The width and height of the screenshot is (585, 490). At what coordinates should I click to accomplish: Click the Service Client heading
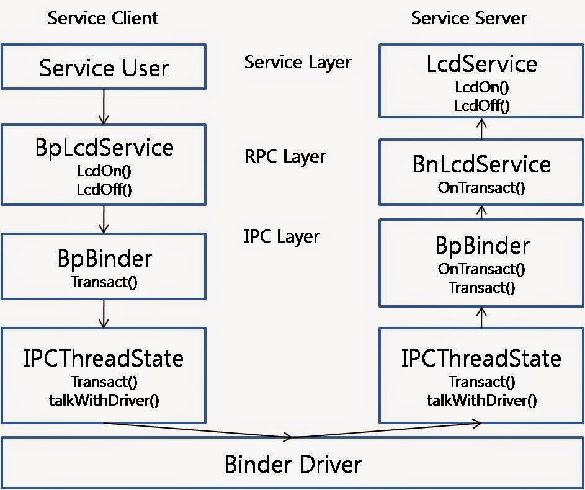click(x=103, y=18)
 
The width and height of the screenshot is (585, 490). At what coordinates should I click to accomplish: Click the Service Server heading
click(x=468, y=18)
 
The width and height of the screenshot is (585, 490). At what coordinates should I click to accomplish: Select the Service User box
click(x=104, y=67)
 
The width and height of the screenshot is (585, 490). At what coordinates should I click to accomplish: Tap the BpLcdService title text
click(x=104, y=148)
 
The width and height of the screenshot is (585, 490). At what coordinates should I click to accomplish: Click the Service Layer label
click(x=298, y=62)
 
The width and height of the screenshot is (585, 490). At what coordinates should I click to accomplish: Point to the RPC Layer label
click(x=285, y=156)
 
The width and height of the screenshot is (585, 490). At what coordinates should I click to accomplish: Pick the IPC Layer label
click(x=282, y=236)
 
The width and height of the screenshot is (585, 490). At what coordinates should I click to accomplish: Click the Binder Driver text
click(x=293, y=464)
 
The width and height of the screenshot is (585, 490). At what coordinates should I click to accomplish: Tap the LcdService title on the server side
click(x=481, y=63)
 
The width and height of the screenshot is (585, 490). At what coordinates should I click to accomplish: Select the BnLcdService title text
click(x=481, y=164)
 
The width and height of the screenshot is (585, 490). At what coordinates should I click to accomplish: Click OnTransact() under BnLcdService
click(x=481, y=187)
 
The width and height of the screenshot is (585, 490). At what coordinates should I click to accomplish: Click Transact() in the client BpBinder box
click(x=104, y=282)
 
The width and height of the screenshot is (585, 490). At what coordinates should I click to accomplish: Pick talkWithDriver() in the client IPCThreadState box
click(x=104, y=399)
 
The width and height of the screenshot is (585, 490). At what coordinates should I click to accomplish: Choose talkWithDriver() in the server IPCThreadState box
click(x=481, y=399)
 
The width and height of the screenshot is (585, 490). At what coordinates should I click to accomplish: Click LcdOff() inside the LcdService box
click(x=481, y=105)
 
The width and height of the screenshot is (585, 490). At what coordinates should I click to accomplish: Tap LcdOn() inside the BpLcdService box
click(x=104, y=171)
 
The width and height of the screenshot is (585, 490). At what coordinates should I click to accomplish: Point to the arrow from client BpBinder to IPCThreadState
click(x=104, y=314)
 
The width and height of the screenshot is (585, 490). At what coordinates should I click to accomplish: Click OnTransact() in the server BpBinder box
click(x=481, y=269)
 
